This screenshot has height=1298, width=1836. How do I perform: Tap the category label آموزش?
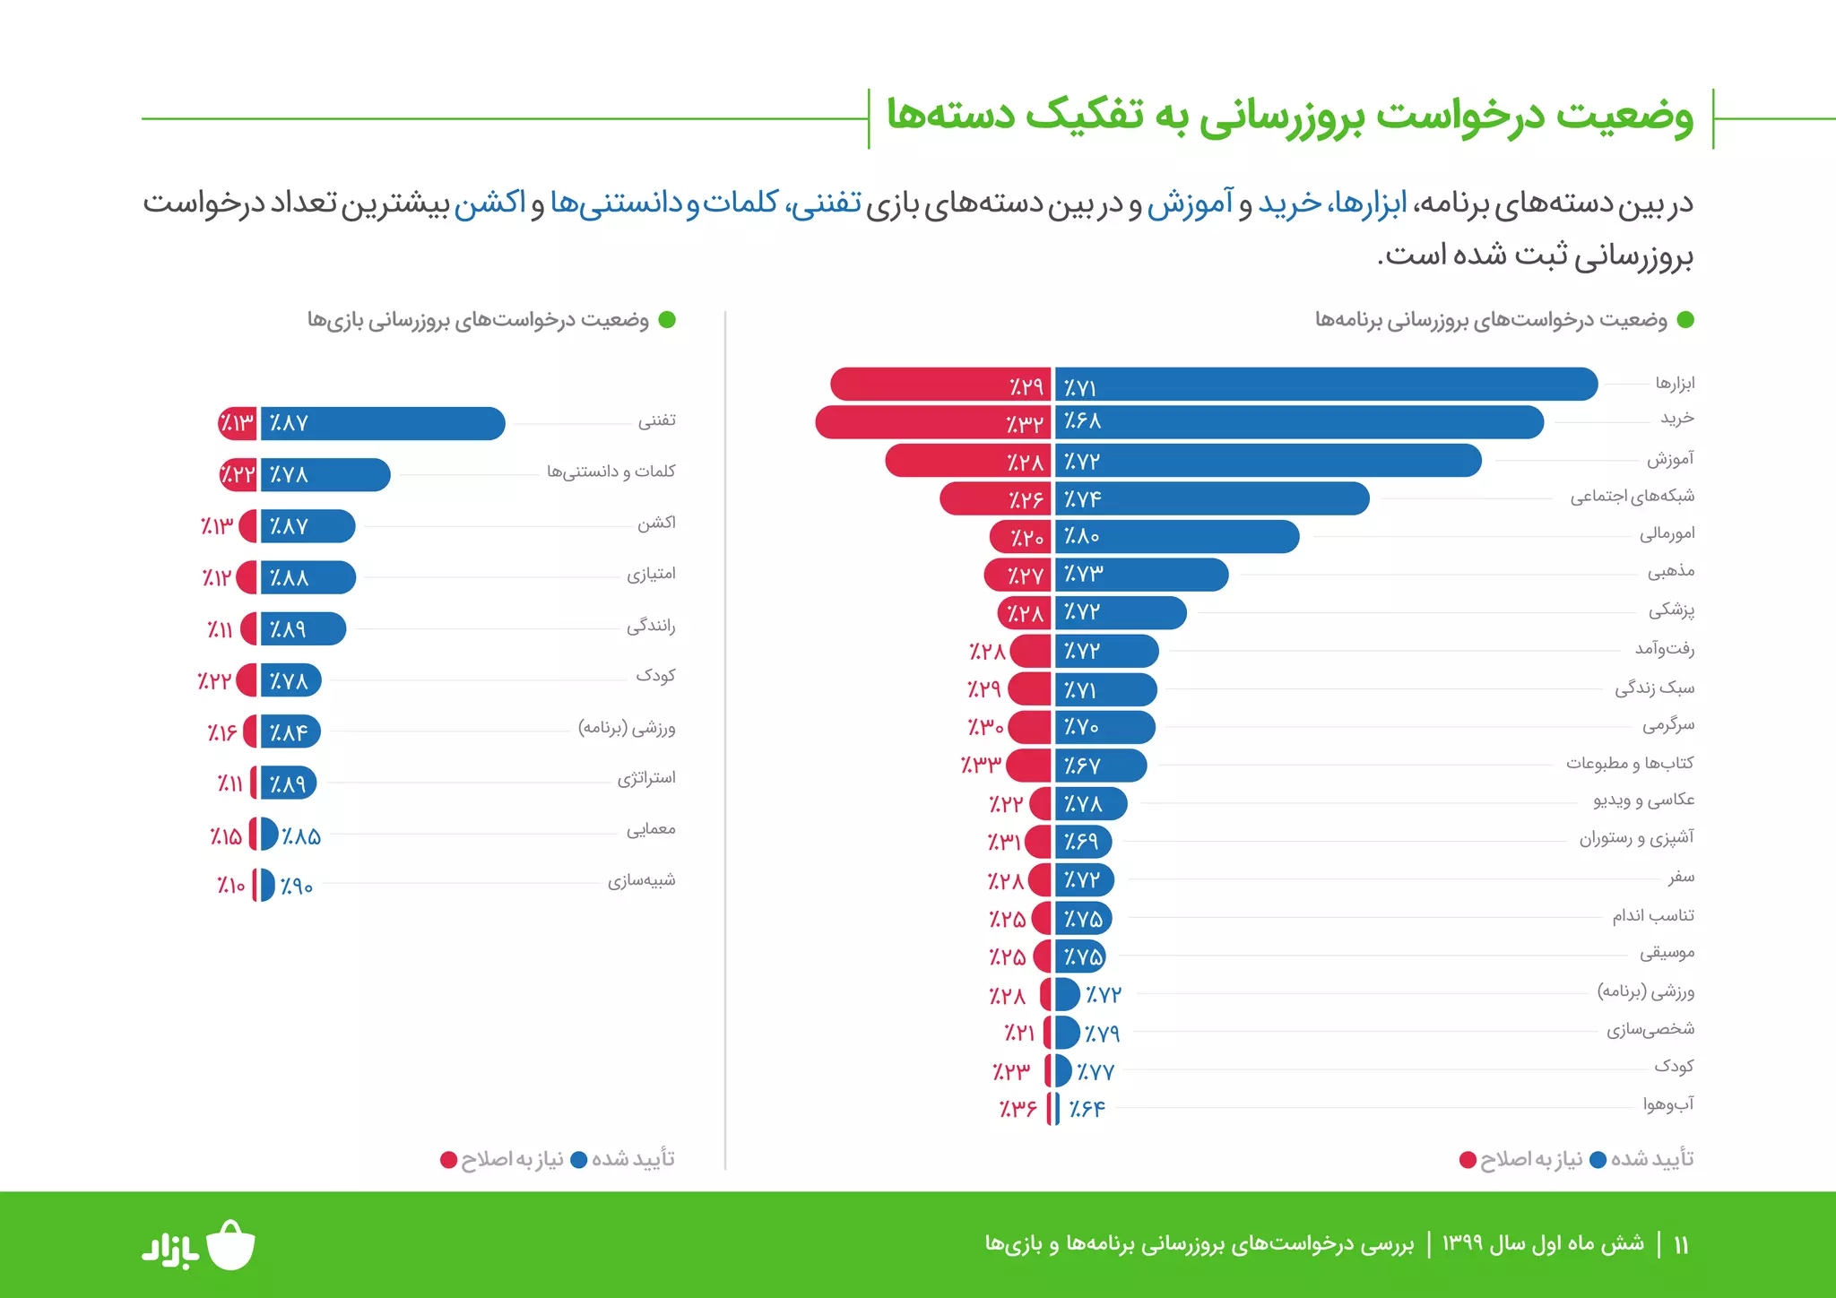(1670, 459)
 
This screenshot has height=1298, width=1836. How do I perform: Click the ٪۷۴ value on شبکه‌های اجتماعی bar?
(1082, 499)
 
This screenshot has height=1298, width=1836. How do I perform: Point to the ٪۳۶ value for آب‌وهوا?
(1018, 1109)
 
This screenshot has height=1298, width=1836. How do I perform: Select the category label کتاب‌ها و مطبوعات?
(1629, 763)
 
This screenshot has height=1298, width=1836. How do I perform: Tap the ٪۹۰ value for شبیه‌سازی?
(296, 887)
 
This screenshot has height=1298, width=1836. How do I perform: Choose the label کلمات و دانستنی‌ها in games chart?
(611, 472)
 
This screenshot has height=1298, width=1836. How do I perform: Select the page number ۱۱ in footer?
(1681, 1244)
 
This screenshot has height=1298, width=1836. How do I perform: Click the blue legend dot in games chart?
(579, 1160)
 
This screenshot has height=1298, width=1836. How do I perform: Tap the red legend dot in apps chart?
(1468, 1160)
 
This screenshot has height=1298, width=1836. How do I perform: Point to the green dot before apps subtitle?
(1685, 320)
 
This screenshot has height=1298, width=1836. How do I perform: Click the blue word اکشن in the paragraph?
(489, 203)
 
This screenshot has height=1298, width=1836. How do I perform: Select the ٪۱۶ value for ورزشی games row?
(221, 733)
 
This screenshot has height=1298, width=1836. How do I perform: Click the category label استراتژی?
(645, 778)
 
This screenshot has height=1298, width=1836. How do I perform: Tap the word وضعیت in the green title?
(1624, 116)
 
